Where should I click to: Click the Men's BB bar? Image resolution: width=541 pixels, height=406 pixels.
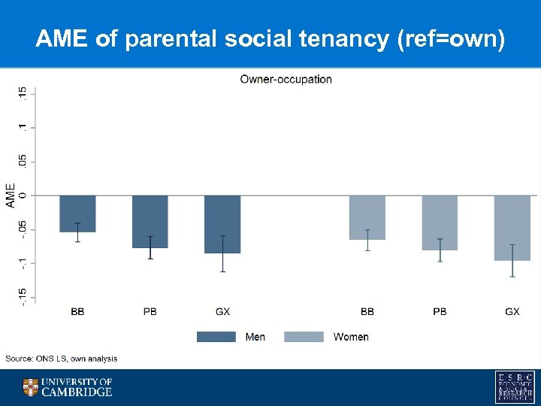[x=77, y=214]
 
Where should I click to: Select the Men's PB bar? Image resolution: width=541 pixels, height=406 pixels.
[x=150, y=221]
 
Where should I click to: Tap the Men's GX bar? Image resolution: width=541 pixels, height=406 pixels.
[x=222, y=224]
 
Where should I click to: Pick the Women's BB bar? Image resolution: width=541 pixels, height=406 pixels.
[x=367, y=217]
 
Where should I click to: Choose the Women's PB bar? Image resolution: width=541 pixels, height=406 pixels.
[x=440, y=223]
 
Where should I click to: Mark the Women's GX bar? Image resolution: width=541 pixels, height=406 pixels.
[x=512, y=228]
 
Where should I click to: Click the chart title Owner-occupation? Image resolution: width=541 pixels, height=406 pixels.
[x=286, y=79]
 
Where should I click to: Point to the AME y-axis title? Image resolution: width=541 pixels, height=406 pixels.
[x=11, y=195]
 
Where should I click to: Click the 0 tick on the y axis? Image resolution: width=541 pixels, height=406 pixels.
[x=23, y=195]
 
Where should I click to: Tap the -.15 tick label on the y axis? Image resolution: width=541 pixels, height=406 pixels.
[x=23, y=296]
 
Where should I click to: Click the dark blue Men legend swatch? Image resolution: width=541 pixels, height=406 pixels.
[x=216, y=337]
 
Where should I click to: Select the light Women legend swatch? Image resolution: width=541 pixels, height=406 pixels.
[x=304, y=337]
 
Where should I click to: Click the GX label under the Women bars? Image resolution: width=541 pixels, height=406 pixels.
[x=512, y=311]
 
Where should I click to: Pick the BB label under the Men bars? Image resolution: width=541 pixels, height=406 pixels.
[x=77, y=311]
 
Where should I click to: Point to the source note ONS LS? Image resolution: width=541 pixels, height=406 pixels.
[x=62, y=359]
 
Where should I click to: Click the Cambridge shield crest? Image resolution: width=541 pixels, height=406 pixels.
[x=30, y=387]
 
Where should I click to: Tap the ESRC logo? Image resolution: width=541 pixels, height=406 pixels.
[x=514, y=387]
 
